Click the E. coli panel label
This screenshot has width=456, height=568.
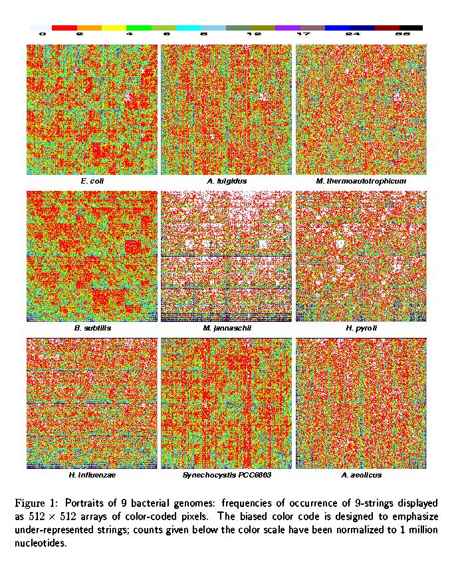point(92,181)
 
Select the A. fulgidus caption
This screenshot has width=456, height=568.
point(227,181)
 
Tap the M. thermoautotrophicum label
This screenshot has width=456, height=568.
point(361,181)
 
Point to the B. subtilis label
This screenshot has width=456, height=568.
point(92,328)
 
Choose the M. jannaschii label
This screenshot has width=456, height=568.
point(227,328)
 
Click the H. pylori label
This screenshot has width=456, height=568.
point(361,328)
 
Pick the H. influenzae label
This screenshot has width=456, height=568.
point(92,475)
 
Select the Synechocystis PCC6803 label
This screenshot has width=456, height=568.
point(227,475)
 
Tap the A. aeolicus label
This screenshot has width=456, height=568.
point(361,475)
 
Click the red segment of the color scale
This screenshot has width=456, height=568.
point(64,28)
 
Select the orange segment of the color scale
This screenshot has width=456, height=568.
point(89,28)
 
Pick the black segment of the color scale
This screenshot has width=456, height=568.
point(411,28)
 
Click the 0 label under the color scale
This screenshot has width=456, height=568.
point(43,34)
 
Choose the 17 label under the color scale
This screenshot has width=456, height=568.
point(302,34)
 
